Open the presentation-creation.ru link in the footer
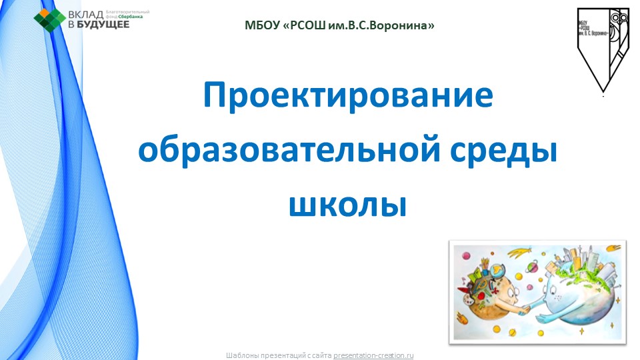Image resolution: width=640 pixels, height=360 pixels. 373,355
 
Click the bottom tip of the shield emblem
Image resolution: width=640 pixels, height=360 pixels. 603,89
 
